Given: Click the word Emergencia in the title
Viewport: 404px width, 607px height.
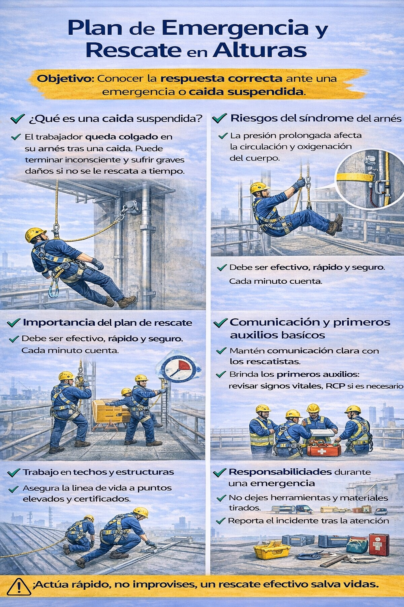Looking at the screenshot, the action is click(x=235, y=28).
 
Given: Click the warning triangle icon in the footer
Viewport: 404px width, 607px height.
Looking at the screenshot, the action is click(x=19, y=587).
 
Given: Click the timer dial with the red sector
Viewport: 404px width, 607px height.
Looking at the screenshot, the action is click(x=178, y=369).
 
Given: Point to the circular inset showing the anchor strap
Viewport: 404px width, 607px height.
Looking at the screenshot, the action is click(x=369, y=179).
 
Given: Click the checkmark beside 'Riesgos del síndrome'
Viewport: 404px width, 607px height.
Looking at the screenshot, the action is click(x=219, y=118).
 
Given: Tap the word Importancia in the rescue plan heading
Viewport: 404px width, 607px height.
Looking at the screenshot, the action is click(x=59, y=322).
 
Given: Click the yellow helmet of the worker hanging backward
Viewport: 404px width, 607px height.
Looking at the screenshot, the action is click(x=35, y=234).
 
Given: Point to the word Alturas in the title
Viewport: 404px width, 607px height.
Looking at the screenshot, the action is click(x=260, y=51).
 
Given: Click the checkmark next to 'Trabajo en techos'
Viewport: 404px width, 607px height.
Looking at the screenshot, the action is click(x=13, y=472).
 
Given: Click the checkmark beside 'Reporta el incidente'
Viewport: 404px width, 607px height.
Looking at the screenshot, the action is click(x=221, y=520).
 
